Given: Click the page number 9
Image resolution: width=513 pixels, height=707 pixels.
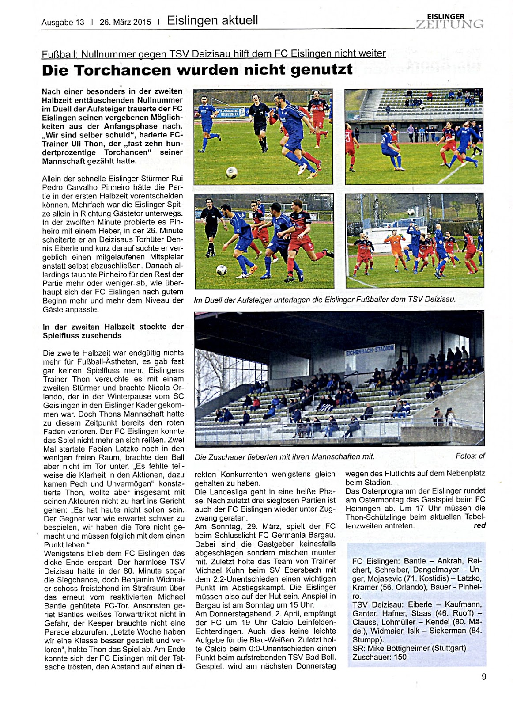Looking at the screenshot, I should click(x=484, y=677).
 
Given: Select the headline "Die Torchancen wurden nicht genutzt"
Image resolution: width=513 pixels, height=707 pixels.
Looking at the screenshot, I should click(x=197, y=70).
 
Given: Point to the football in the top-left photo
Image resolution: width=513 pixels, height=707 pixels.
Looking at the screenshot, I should click(x=231, y=172).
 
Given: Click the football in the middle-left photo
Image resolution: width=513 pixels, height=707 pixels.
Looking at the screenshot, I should click(x=221, y=270).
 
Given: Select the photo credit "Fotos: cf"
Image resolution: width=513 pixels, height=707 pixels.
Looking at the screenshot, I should click(x=470, y=456).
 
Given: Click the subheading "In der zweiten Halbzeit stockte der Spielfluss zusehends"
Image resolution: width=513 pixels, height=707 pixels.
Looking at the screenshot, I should click(x=113, y=331).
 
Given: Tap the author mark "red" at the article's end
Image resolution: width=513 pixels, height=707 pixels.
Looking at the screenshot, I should click(x=479, y=525).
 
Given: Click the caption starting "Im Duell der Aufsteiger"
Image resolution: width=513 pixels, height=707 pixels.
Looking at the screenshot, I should click(x=324, y=300).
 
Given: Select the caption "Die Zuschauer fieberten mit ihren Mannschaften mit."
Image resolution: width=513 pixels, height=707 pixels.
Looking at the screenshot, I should click(x=284, y=456).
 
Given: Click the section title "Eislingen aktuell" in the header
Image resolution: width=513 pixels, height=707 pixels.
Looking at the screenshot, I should click(x=212, y=20).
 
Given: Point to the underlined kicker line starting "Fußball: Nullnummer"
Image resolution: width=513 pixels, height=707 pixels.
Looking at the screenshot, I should click(x=214, y=53).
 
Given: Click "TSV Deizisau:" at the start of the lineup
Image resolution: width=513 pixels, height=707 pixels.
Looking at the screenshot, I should click(x=373, y=604).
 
